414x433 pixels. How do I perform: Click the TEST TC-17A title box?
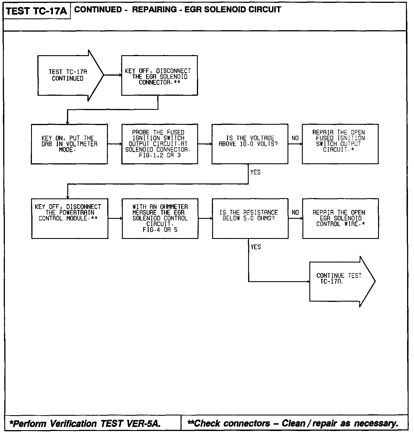pyautogui.click(x=37, y=11)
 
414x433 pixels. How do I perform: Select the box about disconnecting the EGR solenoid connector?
pyautogui.click(x=159, y=75)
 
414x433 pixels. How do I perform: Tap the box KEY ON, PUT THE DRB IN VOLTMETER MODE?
pyautogui.click(x=69, y=144)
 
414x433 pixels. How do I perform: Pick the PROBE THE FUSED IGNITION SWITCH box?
pyautogui.click(x=160, y=144)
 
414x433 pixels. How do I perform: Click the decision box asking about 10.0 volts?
pyautogui.click(x=250, y=144)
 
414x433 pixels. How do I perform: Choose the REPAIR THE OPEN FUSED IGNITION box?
pyautogui.click(x=340, y=144)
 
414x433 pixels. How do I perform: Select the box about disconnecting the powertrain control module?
pyautogui.click(x=70, y=218)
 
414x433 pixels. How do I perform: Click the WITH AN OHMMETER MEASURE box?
pyautogui.click(x=160, y=218)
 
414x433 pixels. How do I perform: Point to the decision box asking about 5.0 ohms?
pyautogui.click(x=250, y=218)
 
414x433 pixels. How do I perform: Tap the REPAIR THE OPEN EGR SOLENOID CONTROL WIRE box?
pyautogui.click(x=340, y=218)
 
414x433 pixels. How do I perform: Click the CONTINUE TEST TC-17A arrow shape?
pyautogui.click(x=339, y=281)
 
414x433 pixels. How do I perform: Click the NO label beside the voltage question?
pyautogui.click(x=295, y=138)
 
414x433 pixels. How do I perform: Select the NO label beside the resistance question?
pyautogui.click(x=295, y=212)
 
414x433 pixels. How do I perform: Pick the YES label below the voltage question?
pyautogui.click(x=255, y=172)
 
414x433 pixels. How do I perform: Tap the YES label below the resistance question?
pyautogui.click(x=256, y=247)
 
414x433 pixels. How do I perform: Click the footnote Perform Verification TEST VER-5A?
pyautogui.click(x=85, y=424)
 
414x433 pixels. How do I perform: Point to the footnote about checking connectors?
pyautogui.click(x=293, y=423)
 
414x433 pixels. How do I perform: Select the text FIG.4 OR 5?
pyautogui.click(x=160, y=230)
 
